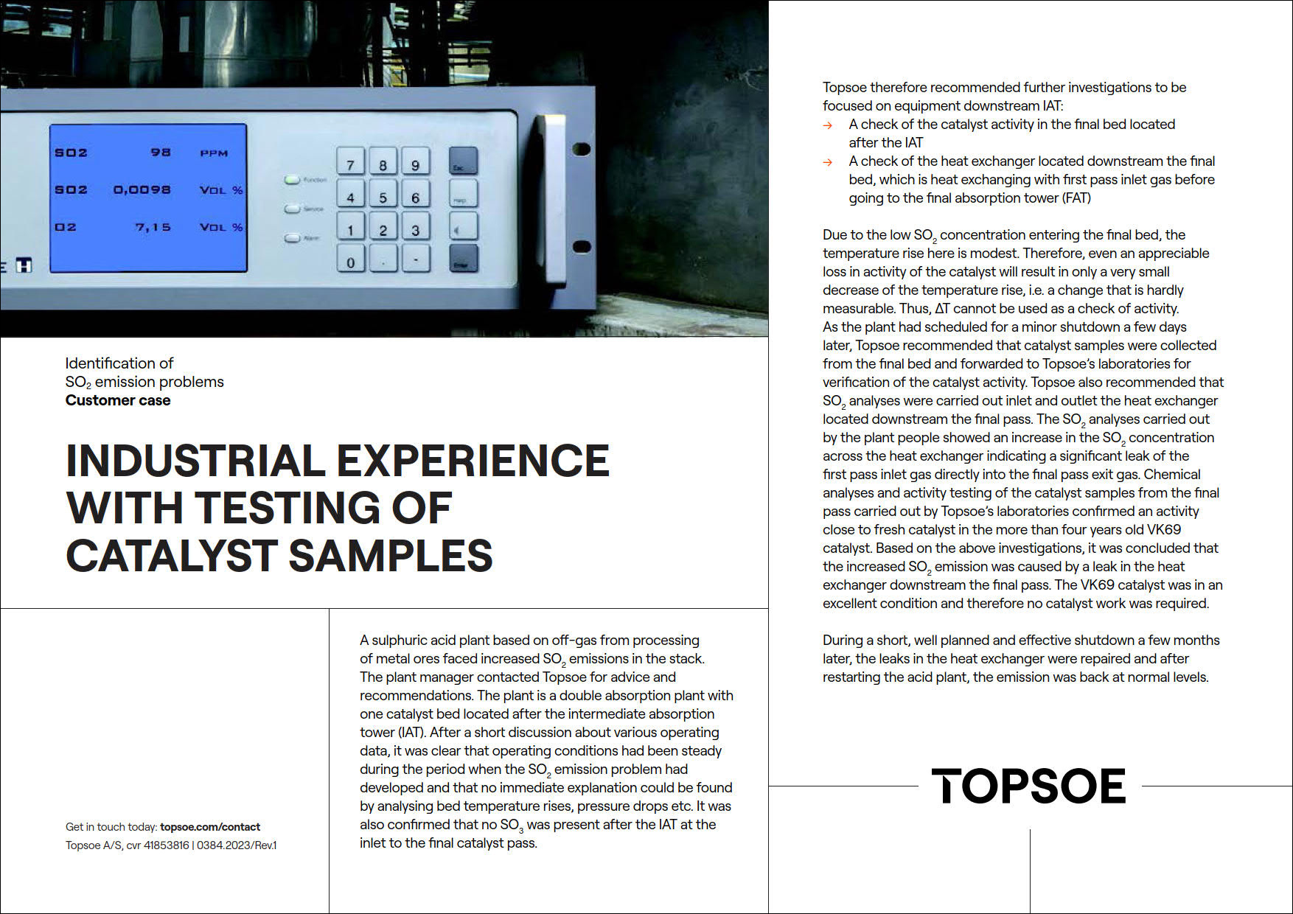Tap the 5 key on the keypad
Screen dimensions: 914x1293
coord(383,195)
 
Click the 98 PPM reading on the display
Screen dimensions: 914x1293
coord(161,153)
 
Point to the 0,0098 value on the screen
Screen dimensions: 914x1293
coord(142,189)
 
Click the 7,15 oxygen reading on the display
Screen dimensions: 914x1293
coord(153,227)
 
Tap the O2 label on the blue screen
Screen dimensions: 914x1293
coord(66,227)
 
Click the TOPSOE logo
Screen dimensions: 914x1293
coord(1028,786)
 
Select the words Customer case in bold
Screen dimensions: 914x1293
coord(118,400)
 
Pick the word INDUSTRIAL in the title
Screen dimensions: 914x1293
coord(195,461)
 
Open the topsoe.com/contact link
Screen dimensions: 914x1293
coord(210,827)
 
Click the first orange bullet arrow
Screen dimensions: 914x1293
coord(828,125)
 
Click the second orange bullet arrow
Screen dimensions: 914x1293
coord(828,162)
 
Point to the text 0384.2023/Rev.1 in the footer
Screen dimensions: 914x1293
coord(237,845)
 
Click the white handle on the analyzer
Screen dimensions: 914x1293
coord(553,199)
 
